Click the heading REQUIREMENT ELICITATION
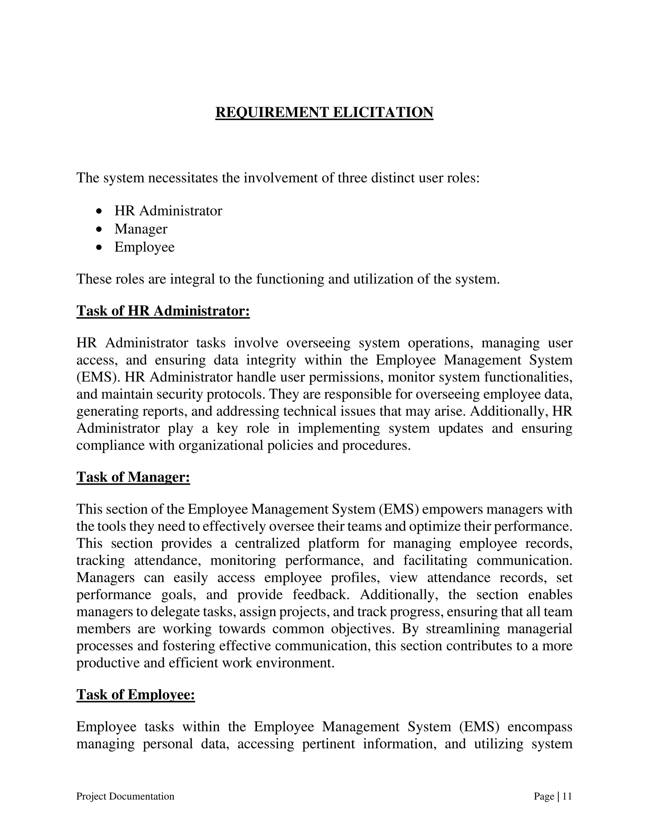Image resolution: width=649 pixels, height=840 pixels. pyautogui.click(x=324, y=112)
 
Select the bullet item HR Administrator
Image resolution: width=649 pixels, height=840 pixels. pyautogui.click(x=168, y=211)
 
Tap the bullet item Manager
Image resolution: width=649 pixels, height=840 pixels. pyautogui.click(x=141, y=229)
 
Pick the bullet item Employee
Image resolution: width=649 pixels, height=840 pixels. pyautogui.click(x=144, y=247)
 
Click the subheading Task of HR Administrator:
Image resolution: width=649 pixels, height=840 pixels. pyautogui.click(x=163, y=311)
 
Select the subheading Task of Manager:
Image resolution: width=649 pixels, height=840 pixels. pyautogui.click(x=133, y=477)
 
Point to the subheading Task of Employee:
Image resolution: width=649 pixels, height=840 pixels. pyautogui.click(x=135, y=695)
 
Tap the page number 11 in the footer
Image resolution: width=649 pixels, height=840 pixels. pyautogui.click(x=567, y=796)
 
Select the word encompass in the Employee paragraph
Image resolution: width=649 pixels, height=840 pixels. pyautogui.click(x=539, y=727)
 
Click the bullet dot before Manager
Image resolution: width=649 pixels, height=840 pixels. pyautogui.click(x=100, y=229)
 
